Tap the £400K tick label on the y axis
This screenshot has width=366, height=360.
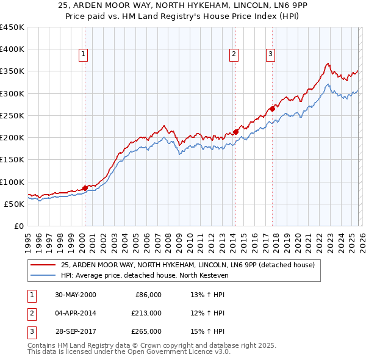pyautogui.click(x=12, y=49)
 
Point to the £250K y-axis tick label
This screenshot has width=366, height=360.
pyautogui.click(x=12, y=115)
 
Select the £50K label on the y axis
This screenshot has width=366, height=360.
pyautogui.click(x=15, y=204)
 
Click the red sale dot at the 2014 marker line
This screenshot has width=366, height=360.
pyautogui.click(x=235, y=132)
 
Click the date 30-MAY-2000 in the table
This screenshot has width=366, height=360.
pyautogui.click(x=76, y=295)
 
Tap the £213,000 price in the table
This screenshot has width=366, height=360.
pyautogui.click(x=146, y=313)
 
